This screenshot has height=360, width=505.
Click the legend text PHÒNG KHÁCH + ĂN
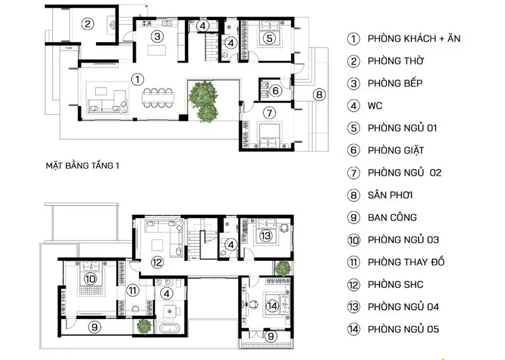(x=414, y=39)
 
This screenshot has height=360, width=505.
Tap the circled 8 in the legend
(x=353, y=195)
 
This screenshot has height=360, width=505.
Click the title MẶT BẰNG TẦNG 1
(x=83, y=165)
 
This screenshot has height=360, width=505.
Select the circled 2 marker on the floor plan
(x=88, y=23)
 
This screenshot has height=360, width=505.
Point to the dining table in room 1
(x=158, y=98)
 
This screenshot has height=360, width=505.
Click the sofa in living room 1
(x=107, y=103)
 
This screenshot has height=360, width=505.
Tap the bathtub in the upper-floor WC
(x=170, y=330)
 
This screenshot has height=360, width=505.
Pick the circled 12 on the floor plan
(x=157, y=262)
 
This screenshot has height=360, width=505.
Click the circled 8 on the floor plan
(x=319, y=95)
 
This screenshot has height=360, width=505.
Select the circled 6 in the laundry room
(x=276, y=90)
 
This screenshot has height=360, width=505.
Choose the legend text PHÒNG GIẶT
(x=396, y=150)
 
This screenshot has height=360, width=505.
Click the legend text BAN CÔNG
(x=392, y=217)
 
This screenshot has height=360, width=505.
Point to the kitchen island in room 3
(x=157, y=51)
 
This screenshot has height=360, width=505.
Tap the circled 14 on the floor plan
(x=272, y=306)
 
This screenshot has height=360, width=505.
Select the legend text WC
(x=375, y=105)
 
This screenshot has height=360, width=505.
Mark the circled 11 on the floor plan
(x=133, y=291)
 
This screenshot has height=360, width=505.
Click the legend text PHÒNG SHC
(x=396, y=285)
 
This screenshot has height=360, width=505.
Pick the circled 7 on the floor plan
(x=270, y=113)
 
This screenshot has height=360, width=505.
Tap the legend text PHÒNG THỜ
(x=396, y=61)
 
